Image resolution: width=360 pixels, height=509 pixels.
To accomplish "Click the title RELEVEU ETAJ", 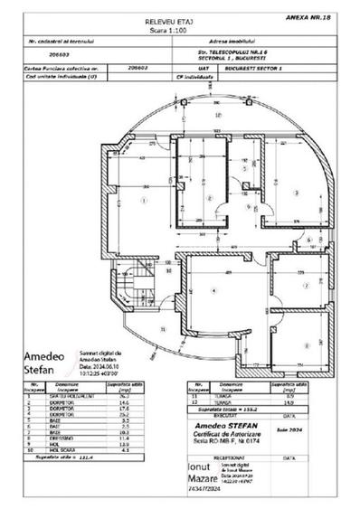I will (x=179, y=17).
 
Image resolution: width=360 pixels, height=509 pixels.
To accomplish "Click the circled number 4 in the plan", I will (x=213, y=289).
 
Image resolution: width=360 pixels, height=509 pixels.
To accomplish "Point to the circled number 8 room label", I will (x=307, y=341).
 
